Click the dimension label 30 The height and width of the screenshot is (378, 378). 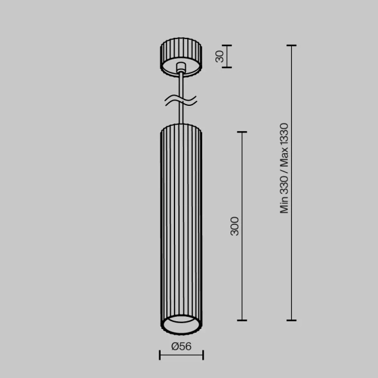point(220,56)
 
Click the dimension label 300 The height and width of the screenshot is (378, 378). point(234,226)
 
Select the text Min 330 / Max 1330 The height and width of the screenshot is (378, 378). point(284,168)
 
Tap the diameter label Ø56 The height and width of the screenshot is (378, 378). point(181,345)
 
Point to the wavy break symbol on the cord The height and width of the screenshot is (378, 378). point(181,100)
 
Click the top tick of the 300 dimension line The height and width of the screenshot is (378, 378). point(241,132)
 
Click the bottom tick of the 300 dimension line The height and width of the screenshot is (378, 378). point(241,320)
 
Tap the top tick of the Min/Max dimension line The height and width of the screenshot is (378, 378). point(291,45)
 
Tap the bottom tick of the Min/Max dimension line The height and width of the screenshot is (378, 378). point(291,320)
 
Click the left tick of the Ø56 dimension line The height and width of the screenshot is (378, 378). point(160,356)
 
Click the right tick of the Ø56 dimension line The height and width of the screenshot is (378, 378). point(203,356)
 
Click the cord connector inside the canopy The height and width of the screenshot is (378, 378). point(181,67)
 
